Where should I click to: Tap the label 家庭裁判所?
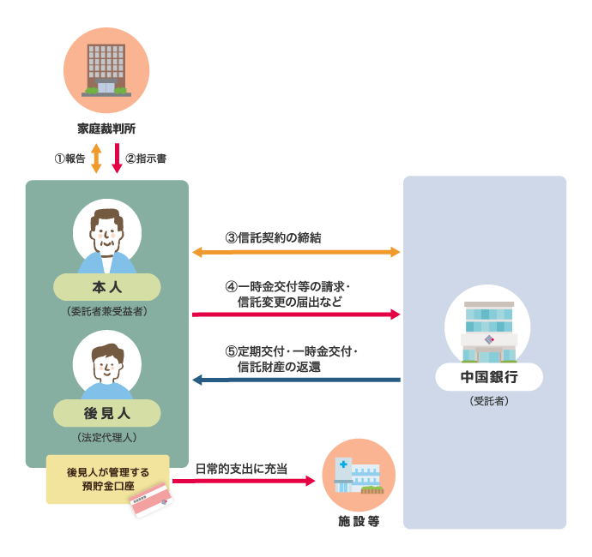(x=106, y=129)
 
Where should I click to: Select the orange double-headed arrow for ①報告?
(x=96, y=159)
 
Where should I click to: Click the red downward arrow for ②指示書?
(x=117, y=159)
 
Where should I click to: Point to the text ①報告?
(x=69, y=159)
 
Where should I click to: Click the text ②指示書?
(x=146, y=159)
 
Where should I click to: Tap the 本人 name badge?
(x=107, y=286)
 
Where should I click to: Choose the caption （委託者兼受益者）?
(x=107, y=311)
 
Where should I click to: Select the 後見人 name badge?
(x=107, y=412)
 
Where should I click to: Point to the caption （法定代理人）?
(x=107, y=437)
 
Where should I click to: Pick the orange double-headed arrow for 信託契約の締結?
(x=296, y=252)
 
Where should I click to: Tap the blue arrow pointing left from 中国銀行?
(x=296, y=379)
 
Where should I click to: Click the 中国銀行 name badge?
(x=488, y=376)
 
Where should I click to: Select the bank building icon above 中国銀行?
(x=488, y=329)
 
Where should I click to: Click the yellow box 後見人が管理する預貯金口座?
(x=108, y=478)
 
